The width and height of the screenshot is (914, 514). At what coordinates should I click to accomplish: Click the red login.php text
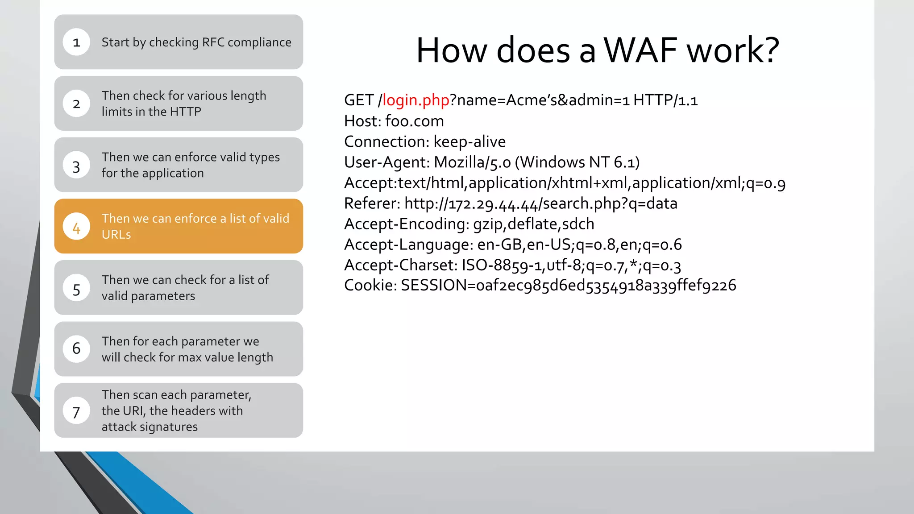(x=415, y=100)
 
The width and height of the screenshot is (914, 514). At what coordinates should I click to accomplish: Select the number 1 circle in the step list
(x=76, y=42)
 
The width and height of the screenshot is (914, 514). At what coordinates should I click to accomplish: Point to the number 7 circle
(x=76, y=411)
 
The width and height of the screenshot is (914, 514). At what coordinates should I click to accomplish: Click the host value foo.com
(x=414, y=121)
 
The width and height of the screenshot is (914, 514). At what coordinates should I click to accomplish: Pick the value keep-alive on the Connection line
(x=469, y=141)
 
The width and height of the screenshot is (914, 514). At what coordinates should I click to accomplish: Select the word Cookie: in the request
(x=370, y=285)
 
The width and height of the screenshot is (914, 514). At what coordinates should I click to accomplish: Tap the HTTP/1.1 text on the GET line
(x=665, y=100)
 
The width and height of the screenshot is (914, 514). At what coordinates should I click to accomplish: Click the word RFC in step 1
(x=213, y=42)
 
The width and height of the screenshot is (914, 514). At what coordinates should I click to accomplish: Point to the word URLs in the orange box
(x=116, y=235)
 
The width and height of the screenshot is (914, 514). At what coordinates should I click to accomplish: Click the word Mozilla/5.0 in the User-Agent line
(x=472, y=162)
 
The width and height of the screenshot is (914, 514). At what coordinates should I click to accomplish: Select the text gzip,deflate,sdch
(x=533, y=224)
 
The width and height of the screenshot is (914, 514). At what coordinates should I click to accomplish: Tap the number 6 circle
(x=76, y=349)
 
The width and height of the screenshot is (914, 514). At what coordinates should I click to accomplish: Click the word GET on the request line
(x=358, y=100)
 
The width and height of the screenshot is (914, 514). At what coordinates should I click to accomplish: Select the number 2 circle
(x=76, y=104)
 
